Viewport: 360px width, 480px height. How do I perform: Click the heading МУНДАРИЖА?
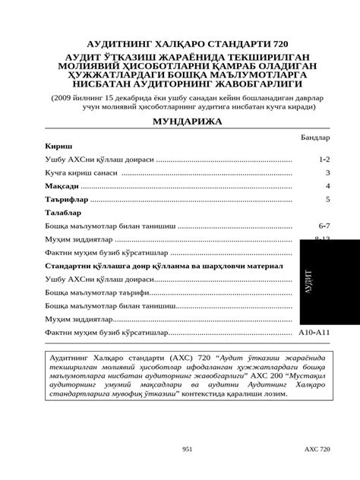coord(187,122)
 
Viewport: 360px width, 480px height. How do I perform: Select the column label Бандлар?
coord(315,139)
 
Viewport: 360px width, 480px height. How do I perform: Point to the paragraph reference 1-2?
coord(324,160)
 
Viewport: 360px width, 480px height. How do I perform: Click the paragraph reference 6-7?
coord(324,226)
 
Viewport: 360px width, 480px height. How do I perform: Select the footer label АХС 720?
coord(316,450)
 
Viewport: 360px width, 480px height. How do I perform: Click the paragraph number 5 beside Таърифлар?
coord(327,199)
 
